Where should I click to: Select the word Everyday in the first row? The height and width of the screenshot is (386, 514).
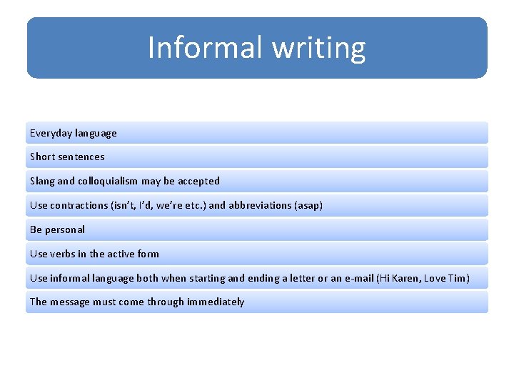(51, 133)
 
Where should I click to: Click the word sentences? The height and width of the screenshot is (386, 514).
(81, 157)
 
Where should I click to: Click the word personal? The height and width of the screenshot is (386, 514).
(65, 229)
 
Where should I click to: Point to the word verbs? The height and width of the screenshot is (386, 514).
(62, 254)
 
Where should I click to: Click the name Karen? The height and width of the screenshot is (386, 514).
(403, 277)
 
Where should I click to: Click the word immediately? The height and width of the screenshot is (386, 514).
(216, 302)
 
